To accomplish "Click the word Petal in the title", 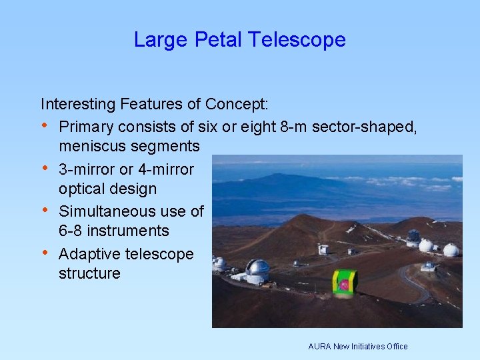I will (x=219, y=40).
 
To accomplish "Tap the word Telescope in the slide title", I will (x=297, y=40).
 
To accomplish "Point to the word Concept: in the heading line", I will (x=237, y=104).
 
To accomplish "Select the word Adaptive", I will (x=87, y=254).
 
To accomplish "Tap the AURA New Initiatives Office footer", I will (x=357, y=347).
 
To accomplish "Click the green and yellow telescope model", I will (x=345, y=283).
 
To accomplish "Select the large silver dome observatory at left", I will (x=257, y=270).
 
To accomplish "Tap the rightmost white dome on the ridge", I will (x=451, y=250).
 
